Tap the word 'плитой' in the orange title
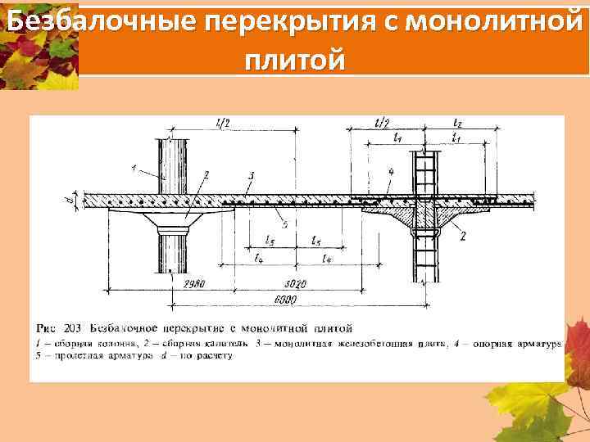294,61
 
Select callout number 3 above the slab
250,176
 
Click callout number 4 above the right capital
393,171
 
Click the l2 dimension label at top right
457,123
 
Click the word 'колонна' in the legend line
107,344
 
